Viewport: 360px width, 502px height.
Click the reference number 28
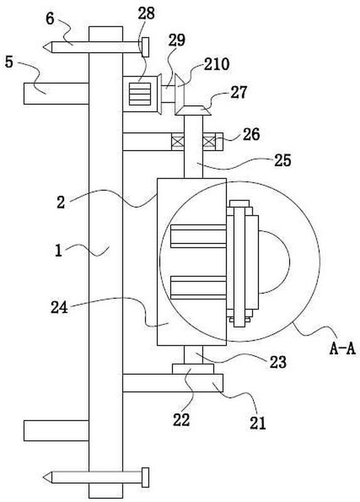pos(146,13)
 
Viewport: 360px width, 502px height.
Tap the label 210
pos(216,64)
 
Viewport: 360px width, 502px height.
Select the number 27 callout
pos(239,92)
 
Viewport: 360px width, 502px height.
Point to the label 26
pos(251,134)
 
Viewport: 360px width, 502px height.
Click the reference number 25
pos(283,160)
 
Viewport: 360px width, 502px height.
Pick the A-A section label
pos(342,349)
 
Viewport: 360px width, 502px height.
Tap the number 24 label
pos(60,307)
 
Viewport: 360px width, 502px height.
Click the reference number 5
pos(9,61)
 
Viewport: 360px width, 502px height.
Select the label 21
pos(258,423)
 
